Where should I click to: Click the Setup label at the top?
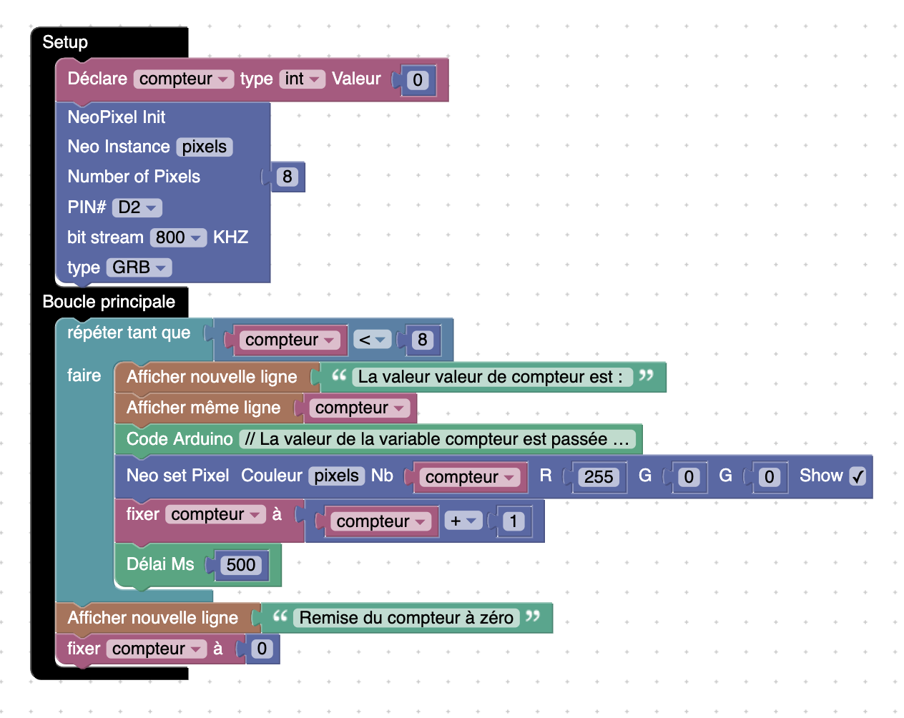click(x=65, y=42)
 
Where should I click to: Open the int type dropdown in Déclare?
click(x=302, y=79)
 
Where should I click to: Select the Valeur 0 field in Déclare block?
click(x=418, y=79)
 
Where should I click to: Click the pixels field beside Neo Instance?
click(x=204, y=147)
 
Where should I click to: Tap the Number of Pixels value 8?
click(x=287, y=177)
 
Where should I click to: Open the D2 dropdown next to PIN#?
click(x=137, y=207)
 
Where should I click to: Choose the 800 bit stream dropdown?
click(x=178, y=237)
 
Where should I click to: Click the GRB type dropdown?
click(x=139, y=267)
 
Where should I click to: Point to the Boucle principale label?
click(x=109, y=302)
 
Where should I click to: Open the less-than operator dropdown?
click(x=372, y=340)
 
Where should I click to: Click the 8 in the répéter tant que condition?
click(x=422, y=340)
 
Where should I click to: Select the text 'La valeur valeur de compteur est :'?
click(x=490, y=377)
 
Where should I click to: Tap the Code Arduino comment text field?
click(x=436, y=439)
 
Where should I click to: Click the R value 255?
click(x=599, y=477)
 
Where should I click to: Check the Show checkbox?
click(x=858, y=476)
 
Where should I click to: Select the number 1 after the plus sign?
click(x=513, y=521)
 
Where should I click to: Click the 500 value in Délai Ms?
click(x=240, y=565)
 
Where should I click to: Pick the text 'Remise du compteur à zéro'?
click(x=406, y=618)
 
